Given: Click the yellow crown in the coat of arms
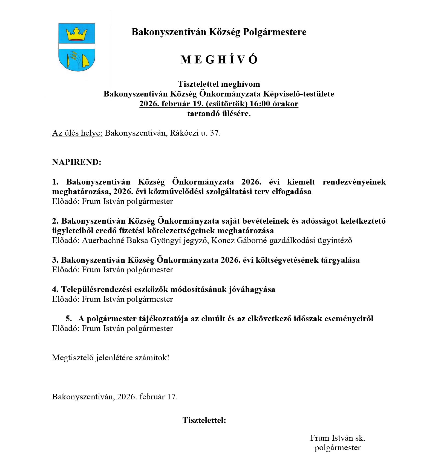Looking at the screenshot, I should point(77,34).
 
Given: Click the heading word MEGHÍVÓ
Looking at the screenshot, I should point(219,60).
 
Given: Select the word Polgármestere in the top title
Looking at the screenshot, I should point(275,32).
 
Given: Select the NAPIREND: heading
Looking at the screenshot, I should point(77,162).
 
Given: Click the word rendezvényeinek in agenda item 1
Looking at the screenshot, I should point(354,182).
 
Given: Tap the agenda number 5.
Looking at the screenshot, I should point(68,318).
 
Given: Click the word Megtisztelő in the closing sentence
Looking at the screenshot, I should point(73,358).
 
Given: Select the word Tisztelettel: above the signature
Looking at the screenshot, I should point(204,420).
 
